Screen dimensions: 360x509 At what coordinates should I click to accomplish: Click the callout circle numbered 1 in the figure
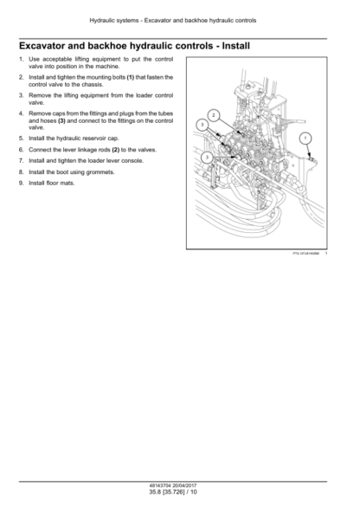point(305,139)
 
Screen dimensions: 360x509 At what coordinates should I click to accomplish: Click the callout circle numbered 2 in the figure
point(213,115)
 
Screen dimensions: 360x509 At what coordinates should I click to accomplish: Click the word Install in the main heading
point(236,46)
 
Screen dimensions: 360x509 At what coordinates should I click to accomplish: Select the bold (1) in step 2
point(130,77)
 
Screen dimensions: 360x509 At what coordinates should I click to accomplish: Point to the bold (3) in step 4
point(61,121)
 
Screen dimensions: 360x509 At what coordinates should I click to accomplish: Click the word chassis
point(93,85)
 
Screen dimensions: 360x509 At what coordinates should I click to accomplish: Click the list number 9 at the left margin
point(22,184)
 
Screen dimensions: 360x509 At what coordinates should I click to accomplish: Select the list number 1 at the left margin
point(22,59)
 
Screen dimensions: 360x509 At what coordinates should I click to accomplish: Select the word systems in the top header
point(128,21)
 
